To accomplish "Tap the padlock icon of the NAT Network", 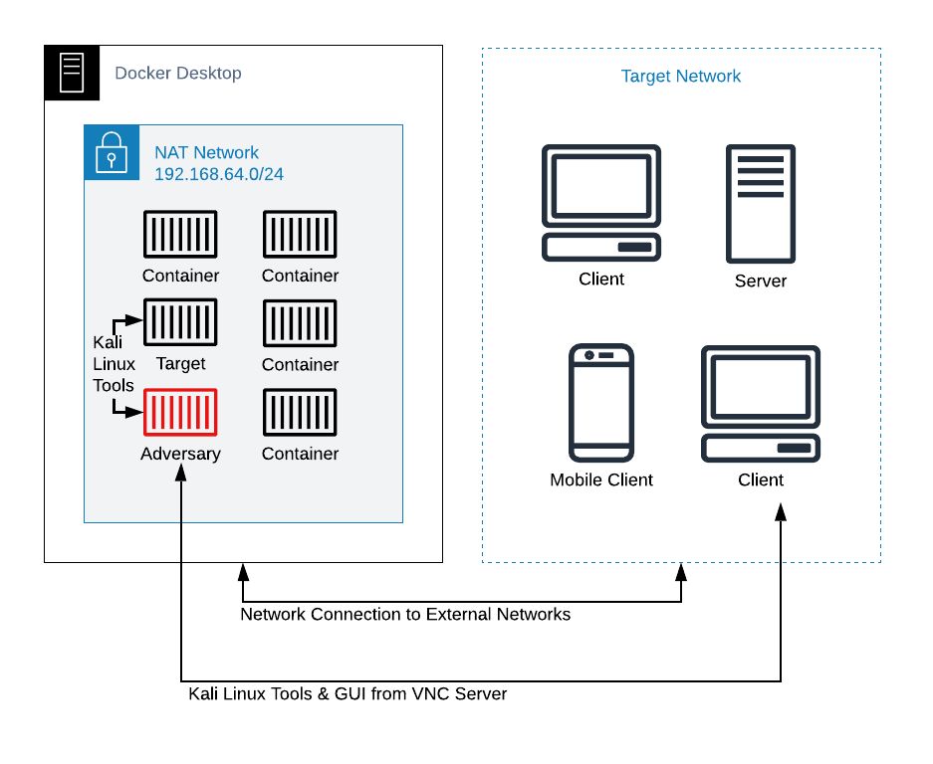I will (x=112, y=152).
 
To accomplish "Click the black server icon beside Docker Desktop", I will (x=72, y=73).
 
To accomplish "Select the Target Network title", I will (x=681, y=77).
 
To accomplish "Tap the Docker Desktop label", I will (x=178, y=73).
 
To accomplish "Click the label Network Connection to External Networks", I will (x=405, y=615).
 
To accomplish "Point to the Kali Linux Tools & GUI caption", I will (x=348, y=693).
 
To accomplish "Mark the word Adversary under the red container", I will (x=180, y=454).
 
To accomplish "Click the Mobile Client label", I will (x=601, y=480).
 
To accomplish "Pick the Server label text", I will (x=760, y=282).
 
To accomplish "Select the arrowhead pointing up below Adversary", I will (x=181, y=475).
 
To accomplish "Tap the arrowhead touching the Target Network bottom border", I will (x=681, y=571).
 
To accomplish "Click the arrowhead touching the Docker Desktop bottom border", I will (x=242, y=571).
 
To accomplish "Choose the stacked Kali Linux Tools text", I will (x=114, y=363).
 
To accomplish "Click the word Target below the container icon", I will (x=180, y=364).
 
